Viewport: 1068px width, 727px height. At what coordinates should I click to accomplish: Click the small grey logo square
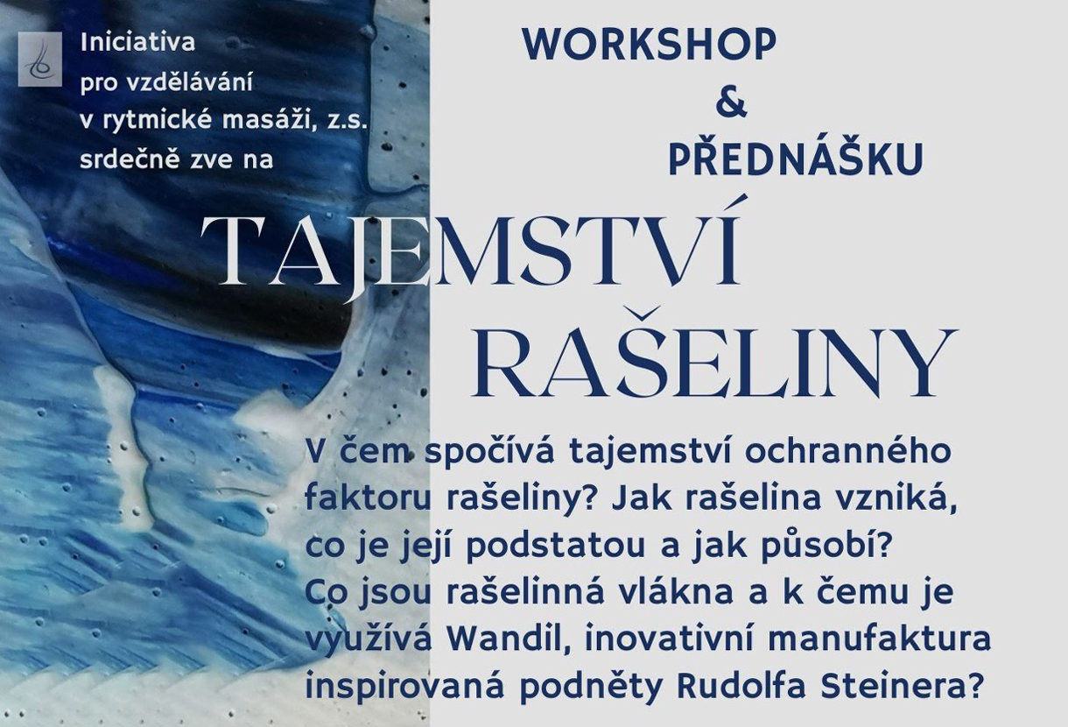click(40, 60)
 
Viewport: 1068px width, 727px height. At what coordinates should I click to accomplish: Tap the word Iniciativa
click(137, 42)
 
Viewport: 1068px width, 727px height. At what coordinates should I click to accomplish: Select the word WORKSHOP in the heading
click(650, 45)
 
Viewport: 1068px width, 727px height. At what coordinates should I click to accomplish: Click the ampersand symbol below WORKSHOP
click(731, 102)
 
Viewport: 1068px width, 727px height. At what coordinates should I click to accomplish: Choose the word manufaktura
click(879, 639)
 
